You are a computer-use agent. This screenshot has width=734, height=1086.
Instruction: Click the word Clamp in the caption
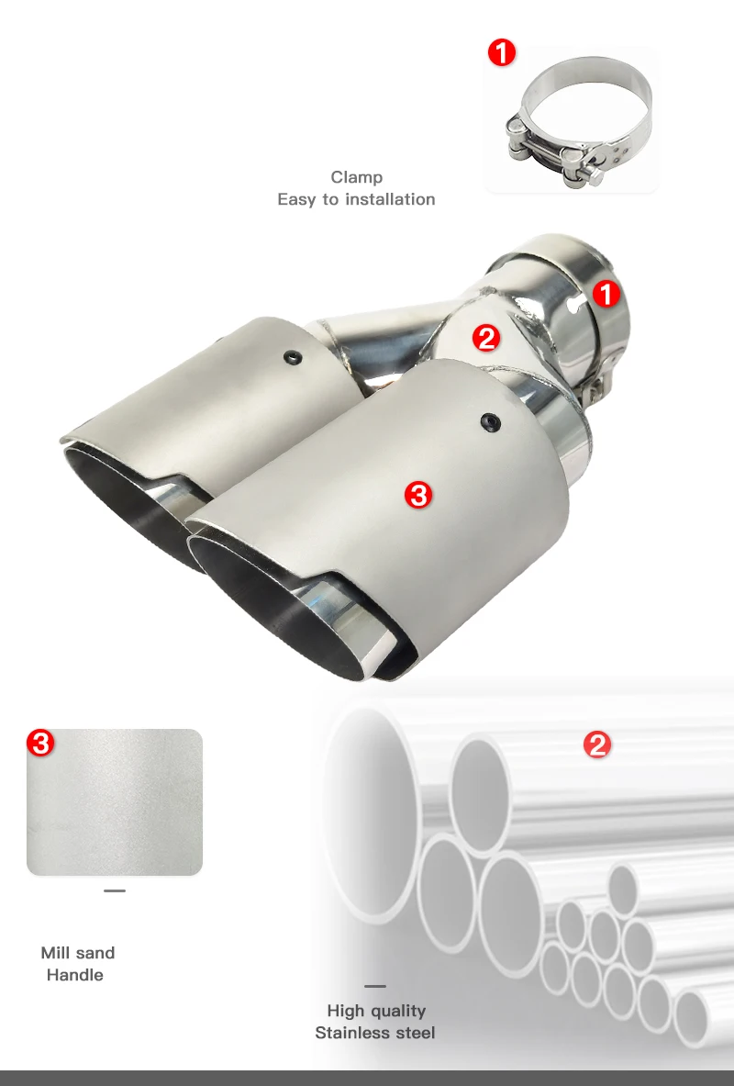point(357,178)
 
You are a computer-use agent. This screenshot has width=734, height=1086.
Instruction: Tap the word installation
point(391,199)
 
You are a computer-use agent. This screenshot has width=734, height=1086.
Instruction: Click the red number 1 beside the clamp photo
point(502,52)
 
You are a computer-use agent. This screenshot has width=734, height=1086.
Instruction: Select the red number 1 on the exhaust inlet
point(606,295)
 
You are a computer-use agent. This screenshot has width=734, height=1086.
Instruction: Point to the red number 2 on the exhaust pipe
point(486,338)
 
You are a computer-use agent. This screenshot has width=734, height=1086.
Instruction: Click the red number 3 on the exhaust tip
point(419,495)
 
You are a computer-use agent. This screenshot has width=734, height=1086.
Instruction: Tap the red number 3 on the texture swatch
point(41,744)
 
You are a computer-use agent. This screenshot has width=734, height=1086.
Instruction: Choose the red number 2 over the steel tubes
point(597,745)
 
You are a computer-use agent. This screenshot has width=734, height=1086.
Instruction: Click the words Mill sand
point(78,953)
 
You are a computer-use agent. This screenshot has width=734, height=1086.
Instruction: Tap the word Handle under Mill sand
point(75,975)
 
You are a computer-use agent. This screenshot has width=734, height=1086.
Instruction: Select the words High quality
point(376,1012)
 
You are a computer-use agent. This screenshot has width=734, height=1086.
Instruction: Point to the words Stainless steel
point(375,1034)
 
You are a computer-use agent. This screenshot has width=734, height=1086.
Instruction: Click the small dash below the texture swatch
point(115,890)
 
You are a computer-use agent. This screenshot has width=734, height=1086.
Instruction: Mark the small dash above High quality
point(375,986)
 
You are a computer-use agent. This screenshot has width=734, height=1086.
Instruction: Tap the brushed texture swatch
point(115,802)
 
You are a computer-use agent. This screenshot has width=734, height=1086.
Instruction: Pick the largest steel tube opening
point(373,814)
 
